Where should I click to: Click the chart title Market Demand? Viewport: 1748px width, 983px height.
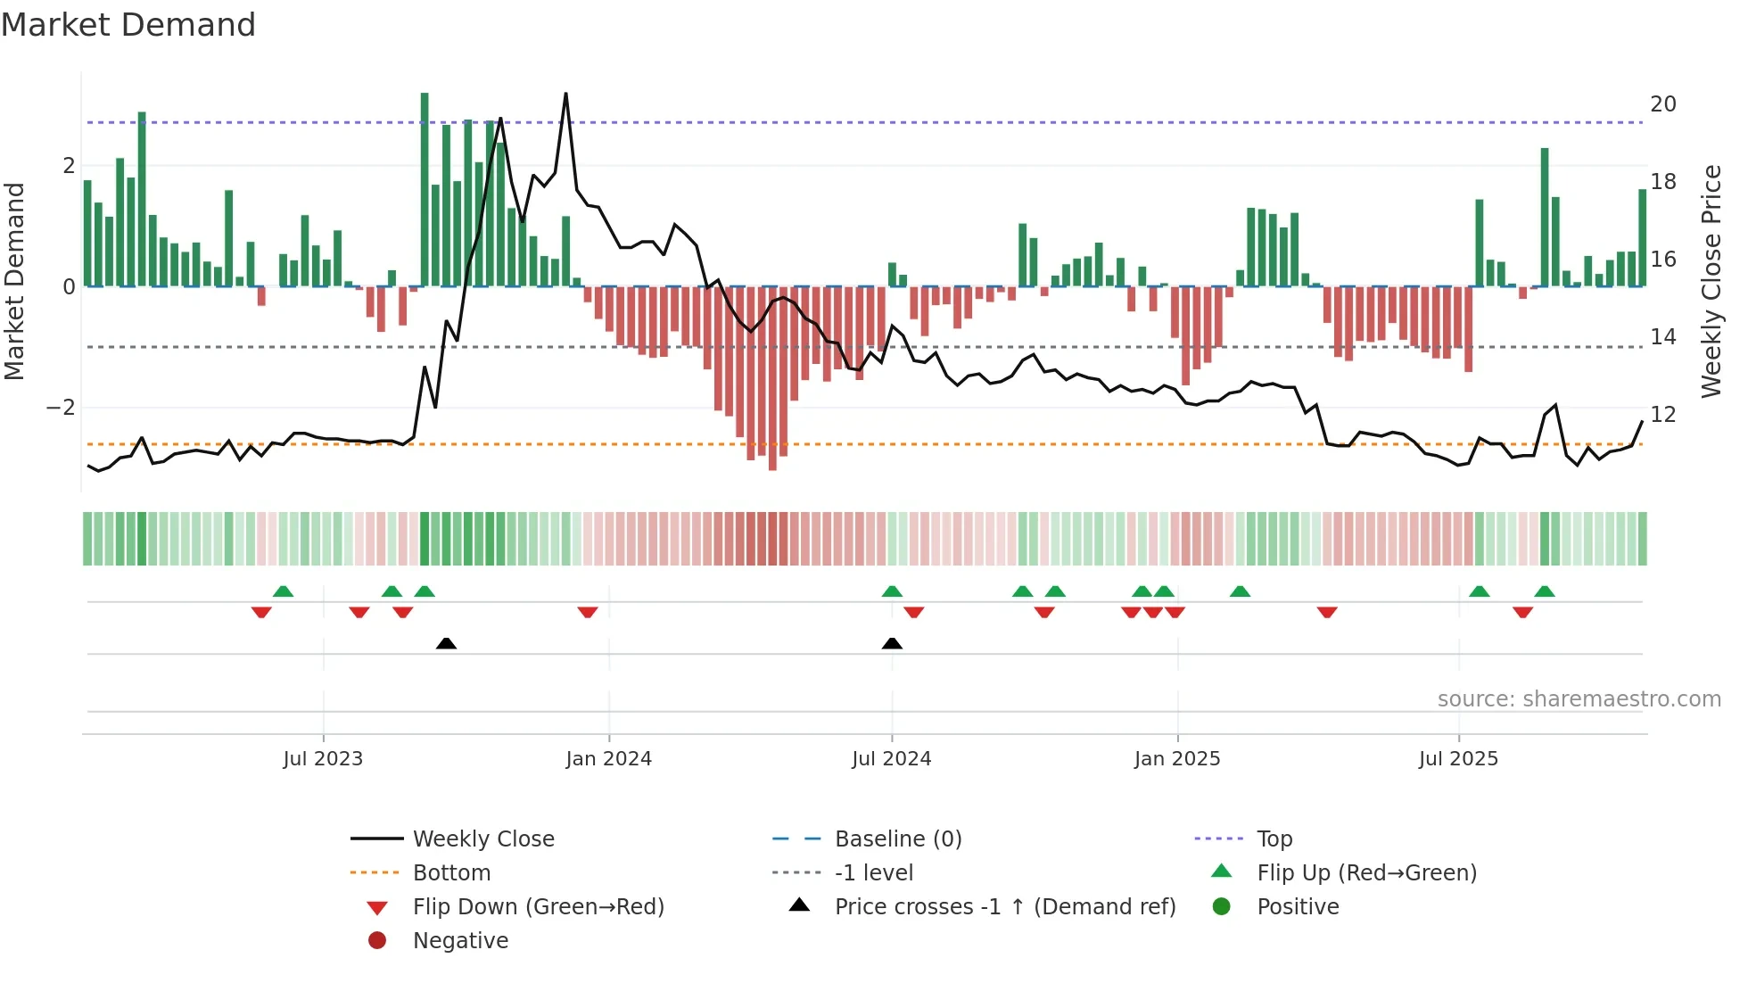coord(128,24)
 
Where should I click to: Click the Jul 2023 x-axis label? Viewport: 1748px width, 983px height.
coord(323,758)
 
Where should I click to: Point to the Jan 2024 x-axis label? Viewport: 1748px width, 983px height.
coord(608,758)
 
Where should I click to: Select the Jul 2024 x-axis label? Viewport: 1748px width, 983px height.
coord(891,758)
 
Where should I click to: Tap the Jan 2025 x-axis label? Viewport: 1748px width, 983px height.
coord(1177,758)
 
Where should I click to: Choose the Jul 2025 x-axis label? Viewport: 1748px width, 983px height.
coord(1458,758)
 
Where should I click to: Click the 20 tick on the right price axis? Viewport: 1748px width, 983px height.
coord(1662,104)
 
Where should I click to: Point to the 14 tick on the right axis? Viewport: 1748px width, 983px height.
coord(1662,337)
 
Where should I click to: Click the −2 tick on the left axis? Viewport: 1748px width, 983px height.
coord(61,408)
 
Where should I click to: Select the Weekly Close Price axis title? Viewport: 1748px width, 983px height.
coord(1711,281)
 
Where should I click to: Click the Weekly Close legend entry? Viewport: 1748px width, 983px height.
coord(482,838)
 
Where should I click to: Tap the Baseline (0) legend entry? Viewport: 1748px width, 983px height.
coord(897,838)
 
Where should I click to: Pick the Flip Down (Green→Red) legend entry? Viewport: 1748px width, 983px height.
coord(538,906)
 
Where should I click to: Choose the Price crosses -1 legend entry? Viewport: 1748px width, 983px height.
coord(1004,906)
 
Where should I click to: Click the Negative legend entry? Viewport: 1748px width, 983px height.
coord(460,940)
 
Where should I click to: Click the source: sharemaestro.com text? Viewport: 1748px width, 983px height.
coord(1579,698)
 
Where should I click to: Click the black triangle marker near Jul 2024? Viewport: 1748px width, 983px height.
coord(892,643)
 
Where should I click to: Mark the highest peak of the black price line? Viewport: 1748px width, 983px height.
coord(565,94)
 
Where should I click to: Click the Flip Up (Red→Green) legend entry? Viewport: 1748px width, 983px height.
coord(1366,872)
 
